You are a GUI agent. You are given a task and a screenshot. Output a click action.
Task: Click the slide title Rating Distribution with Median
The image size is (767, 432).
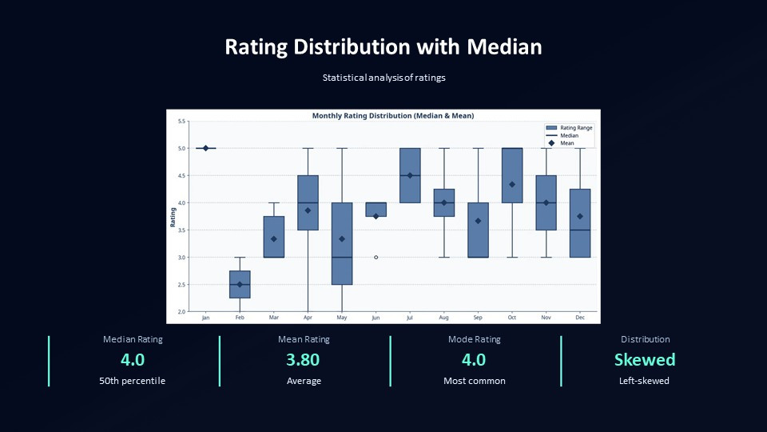[383, 47]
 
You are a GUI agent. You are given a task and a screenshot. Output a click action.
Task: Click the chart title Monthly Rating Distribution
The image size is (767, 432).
[392, 116]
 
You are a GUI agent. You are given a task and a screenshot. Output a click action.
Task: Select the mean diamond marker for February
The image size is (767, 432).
[240, 284]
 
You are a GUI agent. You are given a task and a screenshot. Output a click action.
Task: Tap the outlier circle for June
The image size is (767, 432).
[376, 258]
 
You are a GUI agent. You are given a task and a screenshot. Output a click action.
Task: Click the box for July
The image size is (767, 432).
[410, 175]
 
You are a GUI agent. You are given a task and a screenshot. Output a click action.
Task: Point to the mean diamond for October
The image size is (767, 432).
[511, 185]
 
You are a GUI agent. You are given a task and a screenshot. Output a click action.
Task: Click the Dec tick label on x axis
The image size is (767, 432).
[580, 318]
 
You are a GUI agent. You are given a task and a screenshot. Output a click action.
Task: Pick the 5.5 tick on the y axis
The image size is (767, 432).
[181, 122]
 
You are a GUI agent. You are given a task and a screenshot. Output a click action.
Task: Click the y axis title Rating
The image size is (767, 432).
[173, 216]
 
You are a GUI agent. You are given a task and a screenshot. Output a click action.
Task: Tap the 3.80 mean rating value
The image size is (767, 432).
[304, 360]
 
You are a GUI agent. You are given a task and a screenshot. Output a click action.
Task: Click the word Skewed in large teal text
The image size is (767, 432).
[645, 360]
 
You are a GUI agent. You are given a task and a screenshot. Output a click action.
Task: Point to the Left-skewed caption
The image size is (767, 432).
[644, 381]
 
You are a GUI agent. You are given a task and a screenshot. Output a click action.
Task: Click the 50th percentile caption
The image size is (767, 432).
[133, 381]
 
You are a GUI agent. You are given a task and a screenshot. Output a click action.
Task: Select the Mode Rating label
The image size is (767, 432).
[475, 339]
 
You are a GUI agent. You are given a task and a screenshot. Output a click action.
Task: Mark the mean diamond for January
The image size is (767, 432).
[206, 148]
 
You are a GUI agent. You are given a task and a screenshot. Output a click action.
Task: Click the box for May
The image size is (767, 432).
[342, 243]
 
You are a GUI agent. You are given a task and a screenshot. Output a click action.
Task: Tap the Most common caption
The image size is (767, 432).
[475, 381]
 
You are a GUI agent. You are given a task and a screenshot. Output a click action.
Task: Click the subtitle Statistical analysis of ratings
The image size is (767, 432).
[383, 78]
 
